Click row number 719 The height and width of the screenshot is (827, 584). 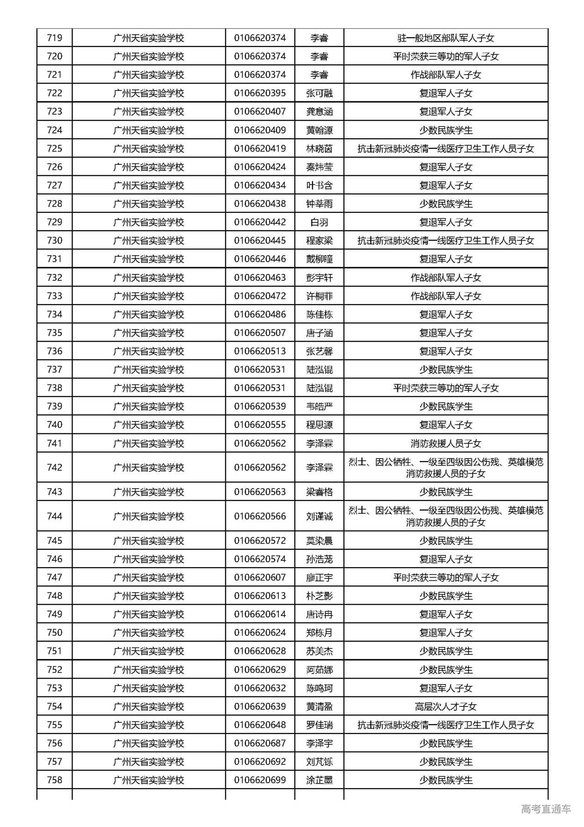pyautogui.click(x=54, y=38)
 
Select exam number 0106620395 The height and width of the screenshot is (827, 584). pyautogui.click(x=260, y=93)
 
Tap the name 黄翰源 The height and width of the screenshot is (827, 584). pyautogui.click(x=319, y=130)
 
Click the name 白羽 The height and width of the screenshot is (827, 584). pyautogui.click(x=319, y=222)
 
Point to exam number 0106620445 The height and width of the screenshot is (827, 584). pyautogui.click(x=260, y=241)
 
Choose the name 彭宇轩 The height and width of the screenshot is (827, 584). pyautogui.click(x=319, y=278)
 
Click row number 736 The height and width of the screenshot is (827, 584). pyautogui.click(x=54, y=351)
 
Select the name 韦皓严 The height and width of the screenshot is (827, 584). pyautogui.click(x=319, y=406)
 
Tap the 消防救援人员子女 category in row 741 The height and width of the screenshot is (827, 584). pyautogui.click(x=446, y=443)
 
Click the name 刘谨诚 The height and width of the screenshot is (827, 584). pyautogui.click(x=319, y=516)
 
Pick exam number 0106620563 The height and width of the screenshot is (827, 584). pyautogui.click(x=260, y=492)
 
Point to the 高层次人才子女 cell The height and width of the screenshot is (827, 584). pyautogui.click(x=446, y=707)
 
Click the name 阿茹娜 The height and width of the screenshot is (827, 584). pyautogui.click(x=319, y=670)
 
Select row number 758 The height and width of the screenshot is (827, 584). pyautogui.click(x=54, y=780)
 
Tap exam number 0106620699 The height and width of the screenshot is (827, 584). pyautogui.click(x=260, y=780)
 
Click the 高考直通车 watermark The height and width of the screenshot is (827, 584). pyautogui.click(x=546, y=809)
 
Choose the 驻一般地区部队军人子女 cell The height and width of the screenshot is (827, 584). pyautogui.click(x=446, y=38)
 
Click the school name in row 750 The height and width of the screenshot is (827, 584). pyautogui.click(x=149, y=633)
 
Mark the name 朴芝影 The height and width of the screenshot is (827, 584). pyautogui.click(x=319, y=596)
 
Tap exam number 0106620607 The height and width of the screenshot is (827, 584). pyautogui.click(x=260, y=578)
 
